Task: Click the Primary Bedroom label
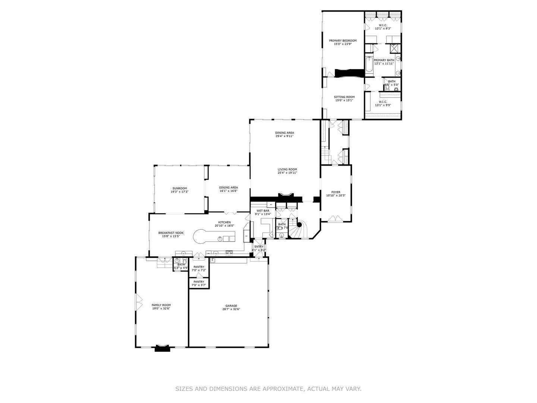(x=342, y=41)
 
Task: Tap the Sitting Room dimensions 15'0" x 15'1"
(x=344, y=100)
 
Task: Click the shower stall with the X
(x=395, y=48)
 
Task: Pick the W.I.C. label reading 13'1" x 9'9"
(x=383, y=105)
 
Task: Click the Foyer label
(x=336, y=192)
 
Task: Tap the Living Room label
(x=287, y=169)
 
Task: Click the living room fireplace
(x=286, y=196)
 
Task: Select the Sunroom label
(x=179, y=188)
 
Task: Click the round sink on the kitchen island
(x=220, y=238)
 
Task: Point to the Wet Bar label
(x=263, y=211)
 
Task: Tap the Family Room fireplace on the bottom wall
(x=162, y=348)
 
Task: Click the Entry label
(x=259, y=247)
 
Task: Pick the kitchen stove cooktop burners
(x=229, y=253)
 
